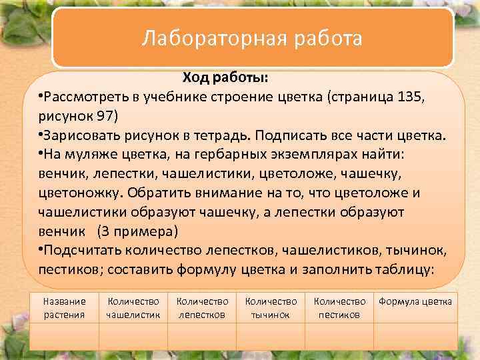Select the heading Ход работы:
coord(226,79)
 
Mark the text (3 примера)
coord(137,231)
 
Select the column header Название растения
coord(65,308)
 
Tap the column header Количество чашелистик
coord(133,308)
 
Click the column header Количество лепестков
coord(203,308)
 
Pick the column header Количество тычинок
coord(271,308)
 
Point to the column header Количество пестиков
coord(339,308)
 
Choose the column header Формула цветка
coord(415,301)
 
